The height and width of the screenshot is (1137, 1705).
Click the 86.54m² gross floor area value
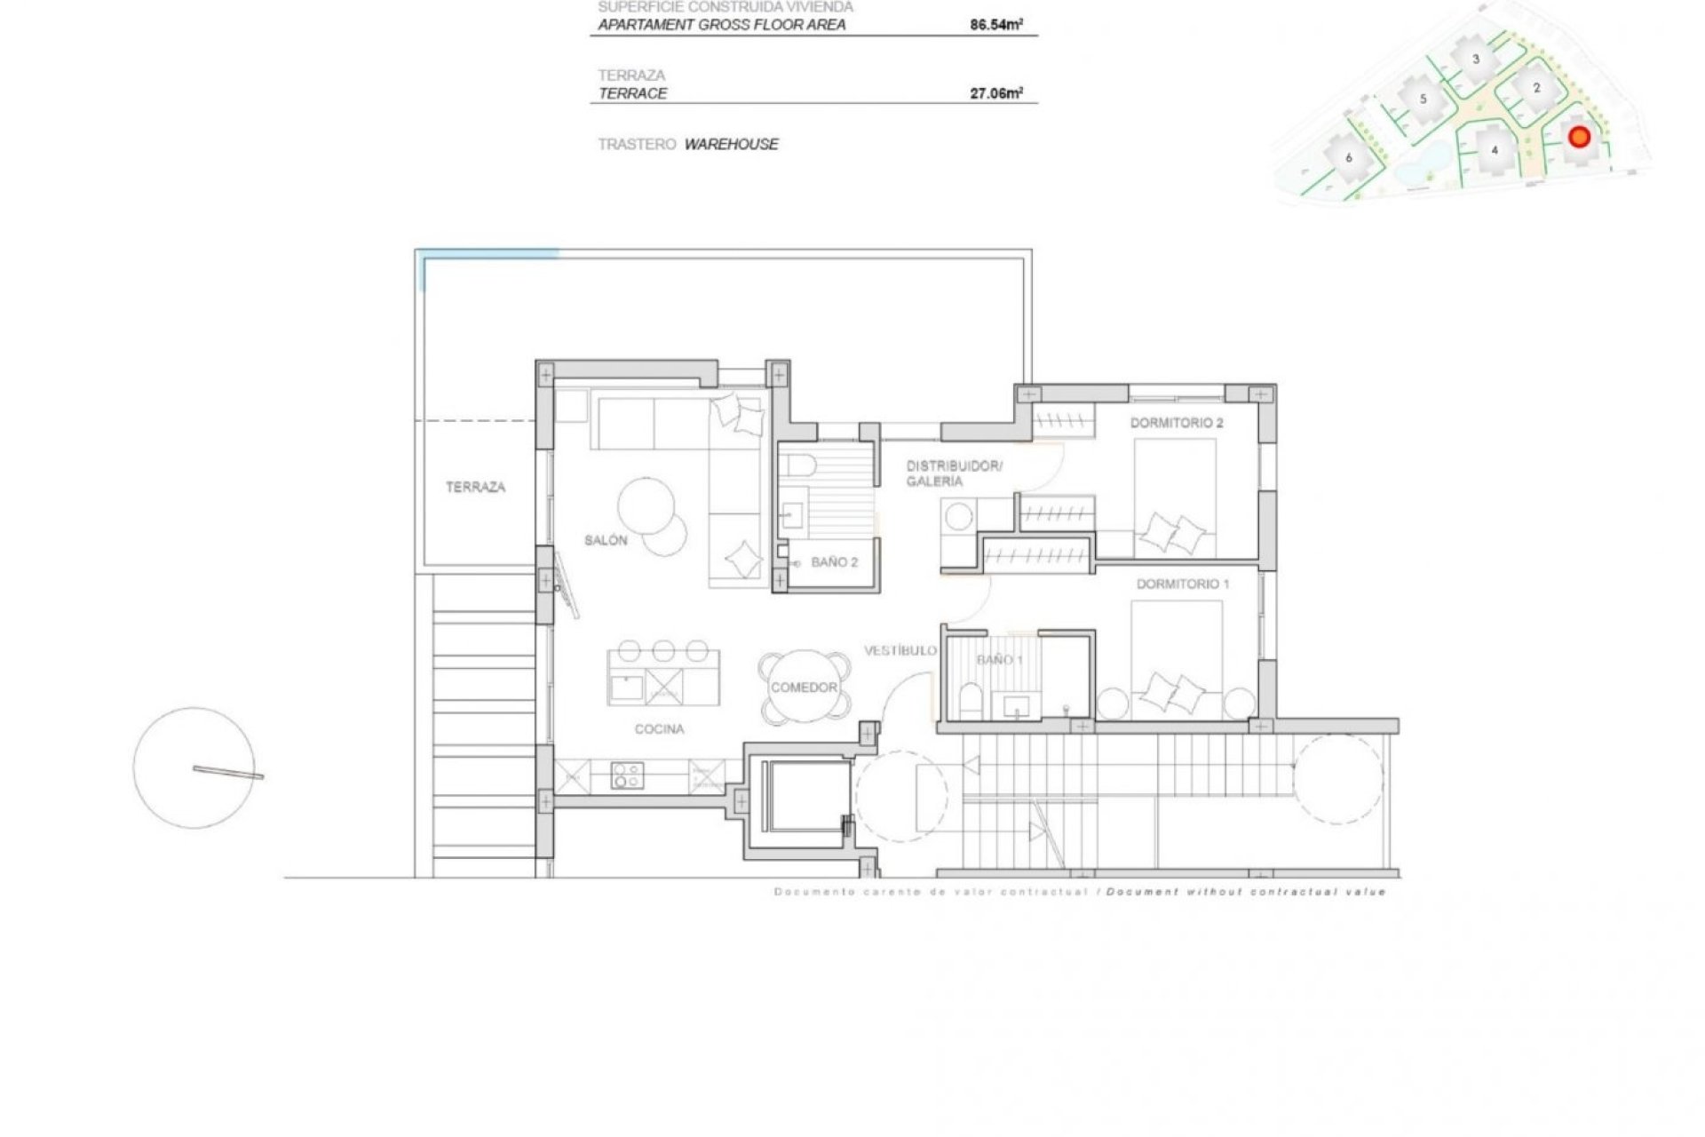[995, 25]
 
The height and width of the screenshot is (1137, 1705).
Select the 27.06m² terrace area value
[995, 93]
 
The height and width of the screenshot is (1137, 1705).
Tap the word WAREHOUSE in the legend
[731, 144]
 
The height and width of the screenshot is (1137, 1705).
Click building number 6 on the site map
[1349, 158]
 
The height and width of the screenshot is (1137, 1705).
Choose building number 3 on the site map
[1476, 60]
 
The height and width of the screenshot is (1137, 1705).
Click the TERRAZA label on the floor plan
[475, 487]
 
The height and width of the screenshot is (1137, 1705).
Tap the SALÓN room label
[606, 540]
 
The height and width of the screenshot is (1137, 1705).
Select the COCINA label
[659, 729]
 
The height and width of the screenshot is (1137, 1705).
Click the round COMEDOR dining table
[804, 688]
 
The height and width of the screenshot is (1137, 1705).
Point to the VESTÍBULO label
[900, 650]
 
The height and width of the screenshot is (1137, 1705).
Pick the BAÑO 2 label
[834, 562]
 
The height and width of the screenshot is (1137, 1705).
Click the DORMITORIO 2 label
[1176, 423]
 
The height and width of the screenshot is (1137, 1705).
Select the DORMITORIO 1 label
[1183, 584]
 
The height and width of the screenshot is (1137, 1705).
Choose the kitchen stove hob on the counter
[627, 775]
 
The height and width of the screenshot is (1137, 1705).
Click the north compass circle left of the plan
[194, 768]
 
